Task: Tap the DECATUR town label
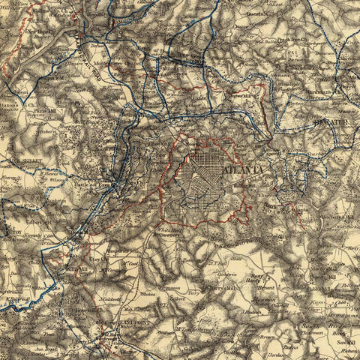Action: (328, 118)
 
